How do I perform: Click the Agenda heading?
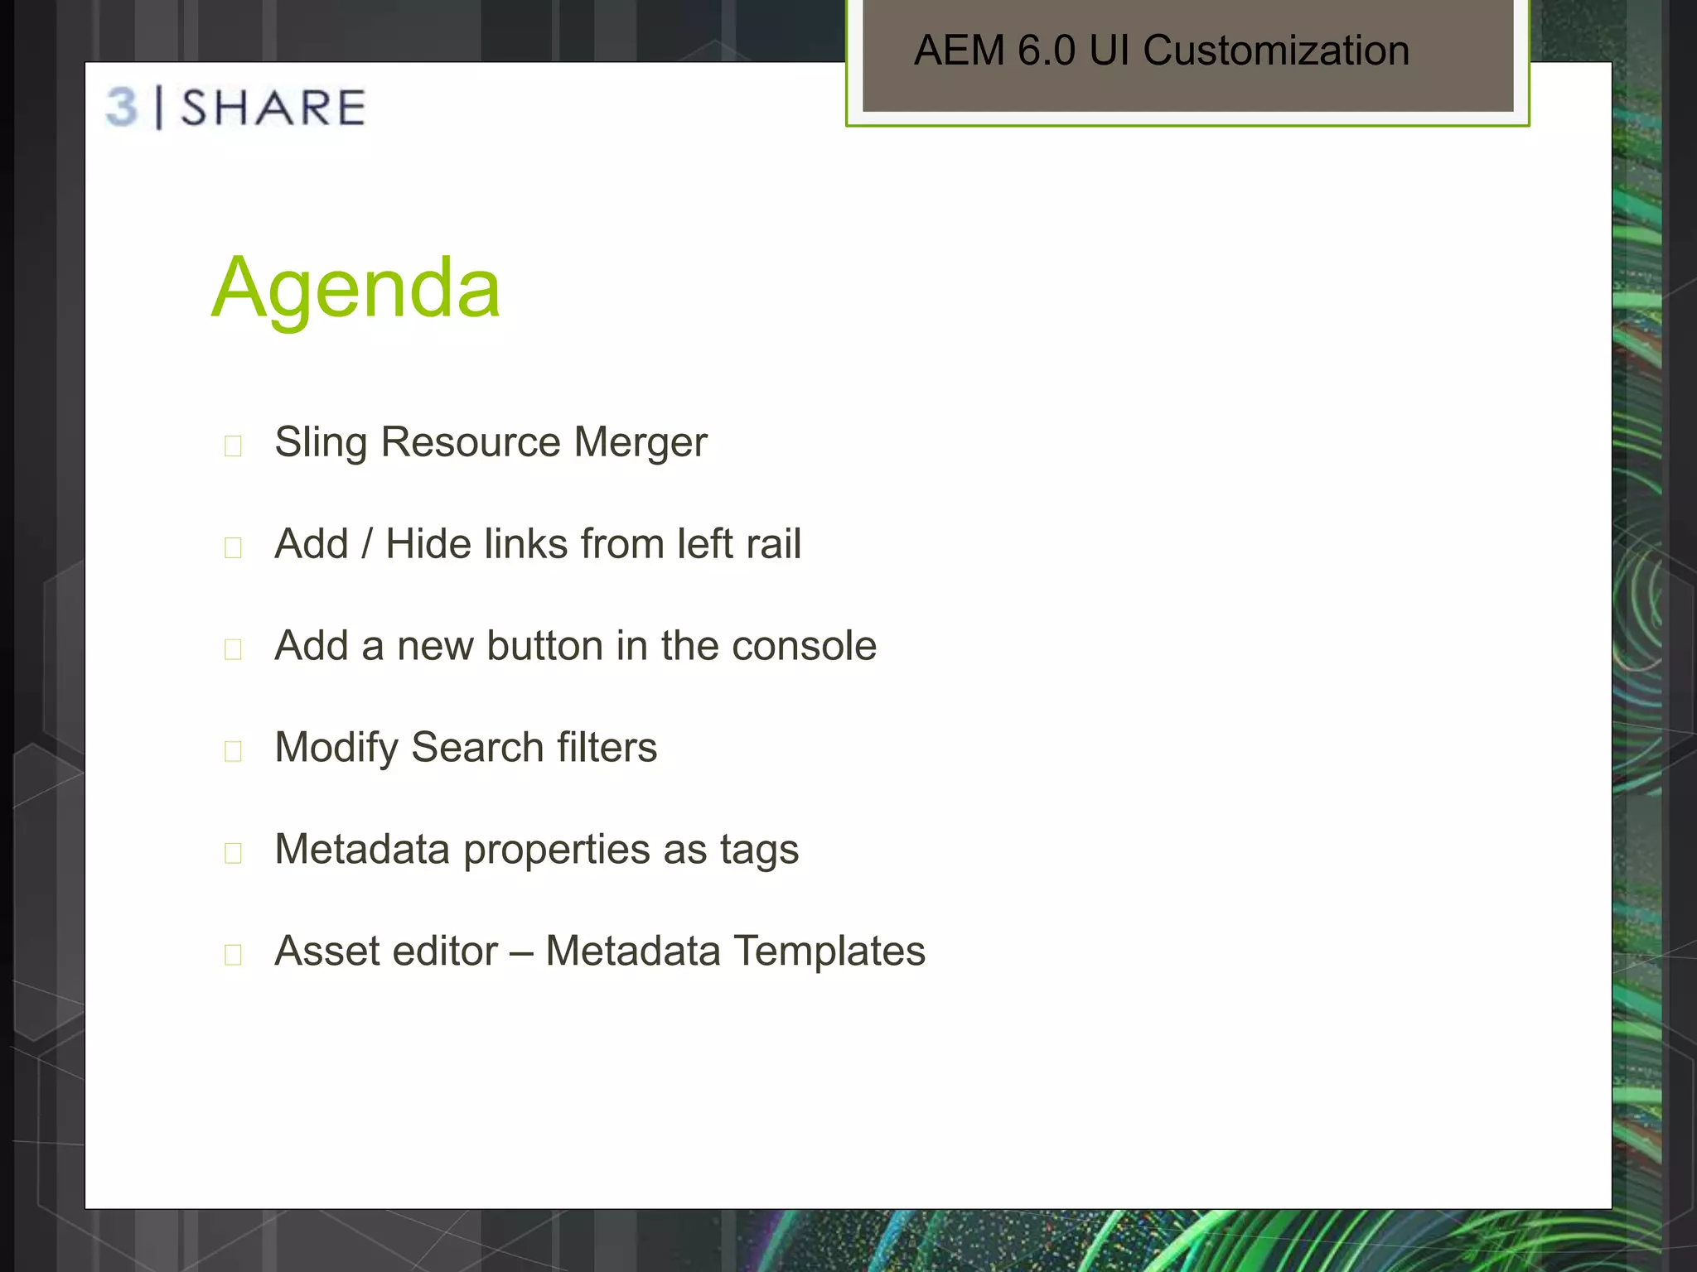click(356, 288)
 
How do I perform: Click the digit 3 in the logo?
click(123, 108)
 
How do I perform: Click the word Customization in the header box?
click(1276, 51)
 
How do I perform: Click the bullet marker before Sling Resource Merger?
click(233, 446)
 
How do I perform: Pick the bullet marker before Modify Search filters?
click(233, 751)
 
